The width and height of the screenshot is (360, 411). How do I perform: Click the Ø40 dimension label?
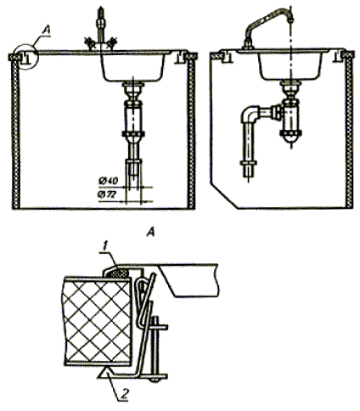pos(108,181)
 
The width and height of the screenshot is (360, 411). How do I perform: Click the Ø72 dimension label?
pos(108,194)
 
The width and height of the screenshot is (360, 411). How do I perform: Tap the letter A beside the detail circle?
pos(45,31)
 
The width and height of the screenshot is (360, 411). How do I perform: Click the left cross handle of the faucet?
pos(89,42)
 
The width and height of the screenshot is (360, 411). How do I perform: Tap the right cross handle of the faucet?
pos(110,42)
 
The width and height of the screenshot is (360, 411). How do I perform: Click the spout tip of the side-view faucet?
pos(291,19)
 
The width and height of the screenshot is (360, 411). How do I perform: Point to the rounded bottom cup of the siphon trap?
pos(290,138)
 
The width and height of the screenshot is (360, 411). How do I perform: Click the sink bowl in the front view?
pos(133,66)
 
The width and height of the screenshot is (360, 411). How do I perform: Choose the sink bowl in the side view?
pos(290,65)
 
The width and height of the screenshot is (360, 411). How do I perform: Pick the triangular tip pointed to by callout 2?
pos(104,371)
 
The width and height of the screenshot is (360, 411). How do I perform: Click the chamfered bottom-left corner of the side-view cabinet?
pos(224,195)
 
